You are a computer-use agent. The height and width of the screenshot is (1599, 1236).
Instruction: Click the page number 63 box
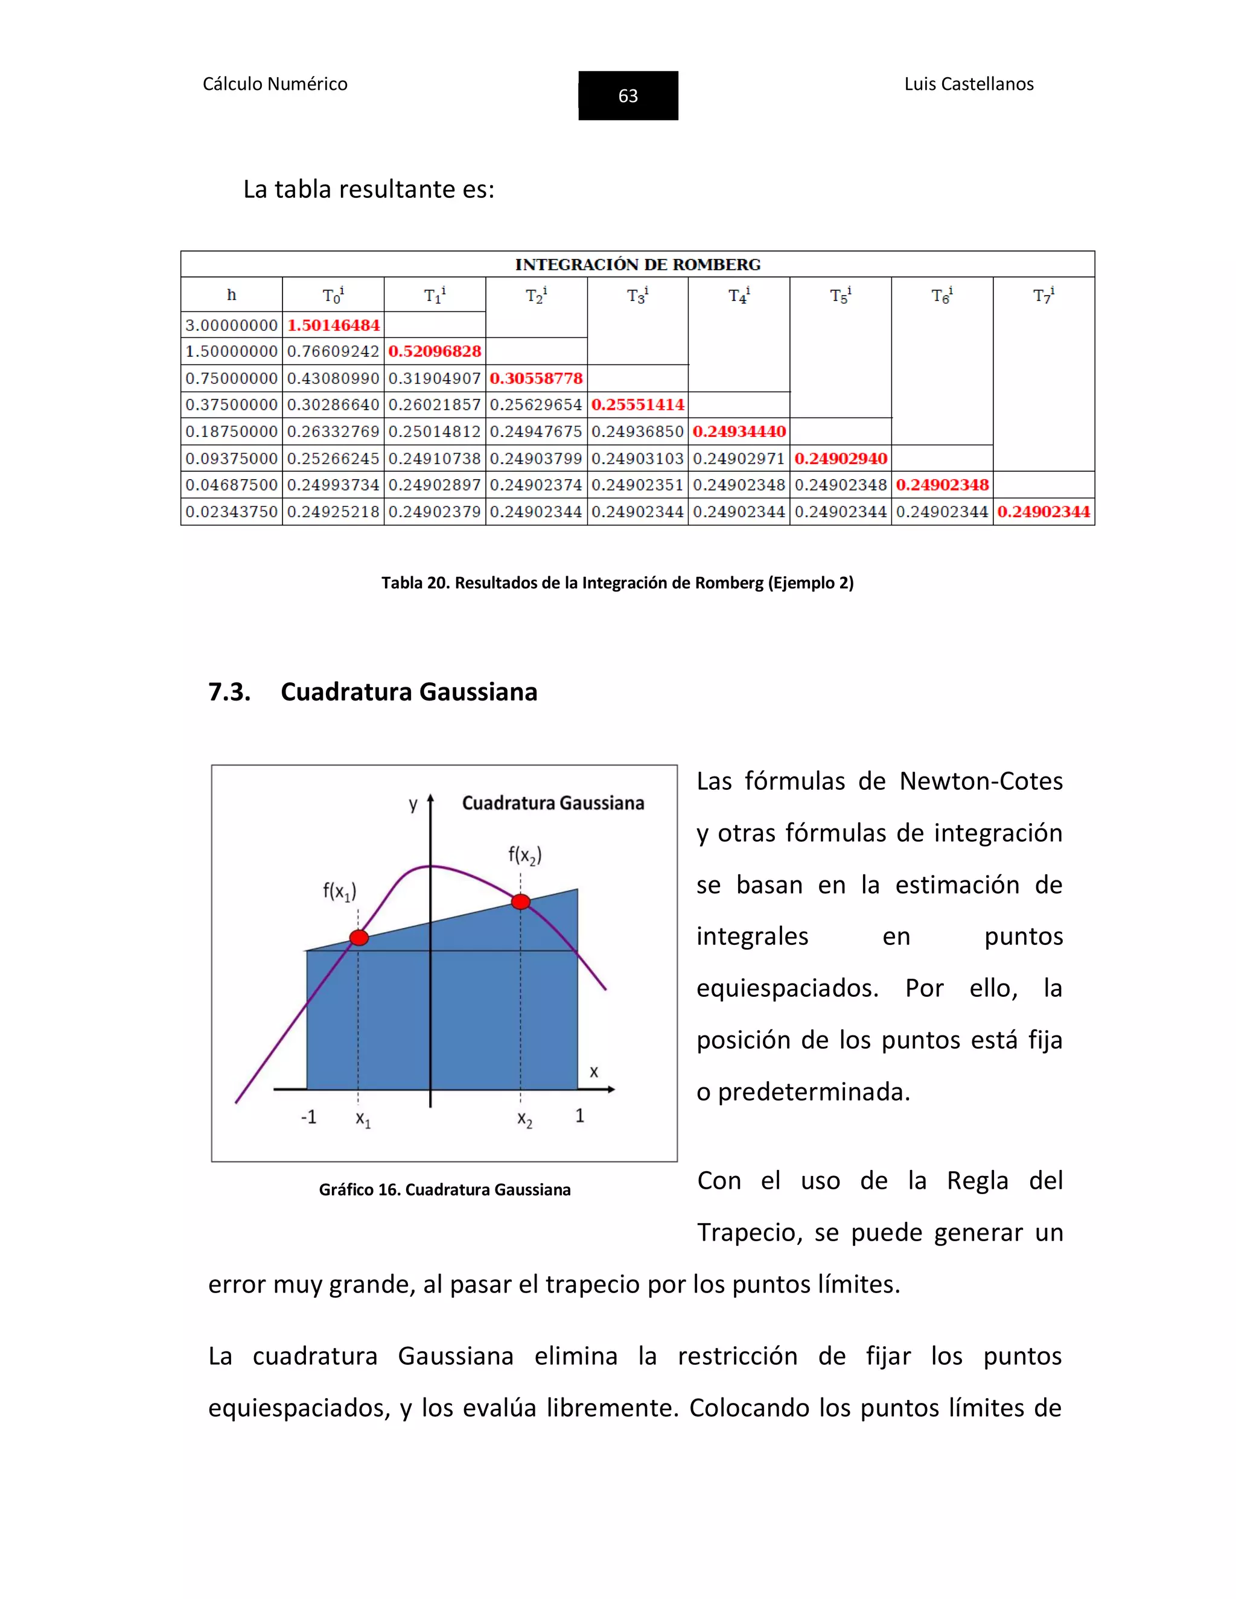(628, 96)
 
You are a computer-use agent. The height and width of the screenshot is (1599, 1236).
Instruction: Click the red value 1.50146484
(333, 325)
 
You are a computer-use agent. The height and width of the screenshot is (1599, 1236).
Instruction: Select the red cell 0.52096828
(435, 351)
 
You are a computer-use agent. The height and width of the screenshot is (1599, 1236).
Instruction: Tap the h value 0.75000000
(231, 378)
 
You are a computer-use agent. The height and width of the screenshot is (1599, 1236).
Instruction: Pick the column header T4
(739, 296)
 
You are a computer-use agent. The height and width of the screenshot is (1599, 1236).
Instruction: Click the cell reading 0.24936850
(637, 432)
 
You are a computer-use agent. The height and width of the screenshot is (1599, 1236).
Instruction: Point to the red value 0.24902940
(841, 459)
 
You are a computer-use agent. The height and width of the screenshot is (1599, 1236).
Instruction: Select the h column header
(231, 295)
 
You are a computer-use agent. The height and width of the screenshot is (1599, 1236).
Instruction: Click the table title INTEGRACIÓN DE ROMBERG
(637, 264)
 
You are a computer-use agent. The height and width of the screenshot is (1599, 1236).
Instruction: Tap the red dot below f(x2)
(521, 901)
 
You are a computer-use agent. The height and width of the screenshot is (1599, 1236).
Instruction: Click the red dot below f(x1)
(359, 938)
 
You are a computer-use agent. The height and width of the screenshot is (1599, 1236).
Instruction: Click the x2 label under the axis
(525, 1119)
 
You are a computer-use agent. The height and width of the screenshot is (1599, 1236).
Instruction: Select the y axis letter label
(413, 804)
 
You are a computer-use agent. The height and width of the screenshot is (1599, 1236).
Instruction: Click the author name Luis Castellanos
(968, 84)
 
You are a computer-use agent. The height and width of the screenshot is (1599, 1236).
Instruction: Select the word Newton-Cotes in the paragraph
(981, 781)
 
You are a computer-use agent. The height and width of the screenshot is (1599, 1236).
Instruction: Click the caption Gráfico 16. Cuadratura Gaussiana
(444, 1190)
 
